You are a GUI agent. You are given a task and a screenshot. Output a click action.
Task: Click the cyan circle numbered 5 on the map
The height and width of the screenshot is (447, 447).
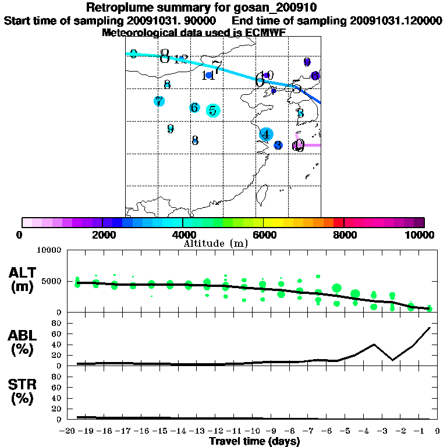tap(213, 111)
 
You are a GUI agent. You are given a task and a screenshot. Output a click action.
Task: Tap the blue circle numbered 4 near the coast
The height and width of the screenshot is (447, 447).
tap(266, 134)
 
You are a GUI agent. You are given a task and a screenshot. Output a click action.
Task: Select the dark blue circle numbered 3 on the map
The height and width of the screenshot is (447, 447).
tap(278, 145)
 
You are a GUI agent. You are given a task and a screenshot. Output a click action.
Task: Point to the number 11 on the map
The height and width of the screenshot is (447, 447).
tap(208, 76)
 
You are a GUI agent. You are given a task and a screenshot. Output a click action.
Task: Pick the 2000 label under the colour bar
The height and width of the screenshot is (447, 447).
tap(102, 235)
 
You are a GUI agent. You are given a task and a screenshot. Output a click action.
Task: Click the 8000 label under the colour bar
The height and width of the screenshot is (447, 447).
tap(344, 235)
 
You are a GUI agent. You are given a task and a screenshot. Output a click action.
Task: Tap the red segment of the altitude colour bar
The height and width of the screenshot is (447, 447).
tap(338, 222)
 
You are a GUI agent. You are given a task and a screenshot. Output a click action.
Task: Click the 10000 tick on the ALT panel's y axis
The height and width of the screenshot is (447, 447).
tap(49, 250)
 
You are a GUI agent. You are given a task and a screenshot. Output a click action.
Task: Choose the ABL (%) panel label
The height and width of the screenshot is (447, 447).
tap(23, 342)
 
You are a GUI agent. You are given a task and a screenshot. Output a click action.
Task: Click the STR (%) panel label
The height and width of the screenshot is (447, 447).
tap(23, 392)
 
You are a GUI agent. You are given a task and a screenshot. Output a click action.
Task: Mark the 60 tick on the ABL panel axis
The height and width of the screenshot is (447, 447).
tap(58, 334)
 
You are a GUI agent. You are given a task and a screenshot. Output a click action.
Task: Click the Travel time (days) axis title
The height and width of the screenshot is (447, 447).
tap(254, 441)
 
